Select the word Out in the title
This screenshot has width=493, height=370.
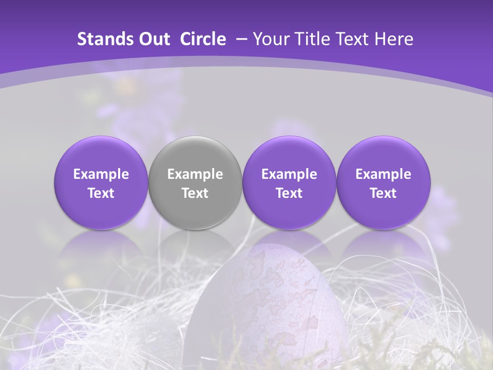(x=153, y=39)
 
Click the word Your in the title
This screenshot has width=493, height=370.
(x=270, y=39)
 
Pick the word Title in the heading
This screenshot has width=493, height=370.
(x=310, y=39)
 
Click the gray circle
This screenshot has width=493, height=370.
(x=195, y=183)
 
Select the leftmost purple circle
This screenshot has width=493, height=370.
(x=101, y=183)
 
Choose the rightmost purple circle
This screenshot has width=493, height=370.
(x=383, y=183)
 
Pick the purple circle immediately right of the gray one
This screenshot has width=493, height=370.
(x=289, y=183)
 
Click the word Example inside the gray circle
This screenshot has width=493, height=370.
(x=195, y=174)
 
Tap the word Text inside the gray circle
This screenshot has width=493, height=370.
(x=195, y=193)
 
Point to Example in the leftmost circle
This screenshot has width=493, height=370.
(x=101, y=174)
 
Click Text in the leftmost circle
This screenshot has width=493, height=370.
(x=101, y=193)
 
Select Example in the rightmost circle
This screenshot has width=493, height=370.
(x=383, y=174)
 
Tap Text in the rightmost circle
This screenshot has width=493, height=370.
(x=383, y=193)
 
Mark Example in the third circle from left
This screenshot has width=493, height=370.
(x=289, y=174)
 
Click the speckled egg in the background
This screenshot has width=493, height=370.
(x=272, y=303)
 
